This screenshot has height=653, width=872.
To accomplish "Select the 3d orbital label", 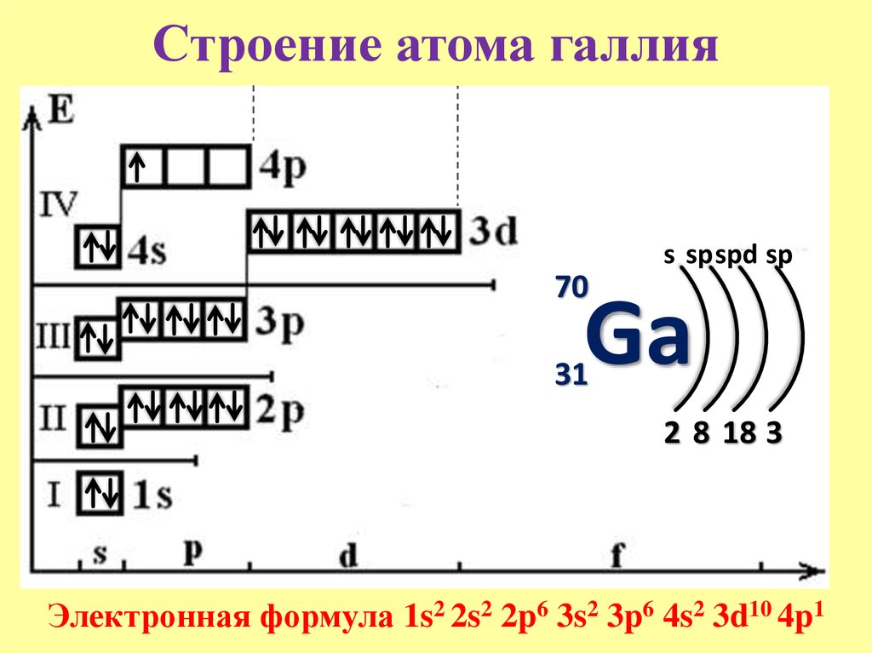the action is pyautogui.click(x=493, y=231).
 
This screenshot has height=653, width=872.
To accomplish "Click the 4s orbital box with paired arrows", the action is pyautogui.click(x=99, y=247).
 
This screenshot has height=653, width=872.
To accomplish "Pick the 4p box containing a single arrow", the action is pyautogui.click(x=142, y=166).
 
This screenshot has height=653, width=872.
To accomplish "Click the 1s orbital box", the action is pyautogui.click(x=100, y=493).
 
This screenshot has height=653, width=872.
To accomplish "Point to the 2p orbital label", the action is pyautogui.click(x=280, y=412).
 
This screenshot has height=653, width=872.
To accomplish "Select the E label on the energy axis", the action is pyautogui.click(x=60, y=109).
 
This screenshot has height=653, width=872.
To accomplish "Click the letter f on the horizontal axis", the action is pyautogui.click(x=617, y=554).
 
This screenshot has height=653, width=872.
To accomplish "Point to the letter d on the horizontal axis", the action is pyautogui.click(x=348, y=555).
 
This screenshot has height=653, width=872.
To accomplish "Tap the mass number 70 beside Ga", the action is pyautogui.click(x=571, y=287).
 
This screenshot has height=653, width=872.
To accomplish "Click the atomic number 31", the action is pyautogui.click(x=571, y=374).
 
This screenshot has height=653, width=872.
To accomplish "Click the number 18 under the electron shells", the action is pyautogui.click(x=740, y=432).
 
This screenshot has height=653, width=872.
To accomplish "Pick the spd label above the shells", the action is pyautogui.click(x=737, y=255).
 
